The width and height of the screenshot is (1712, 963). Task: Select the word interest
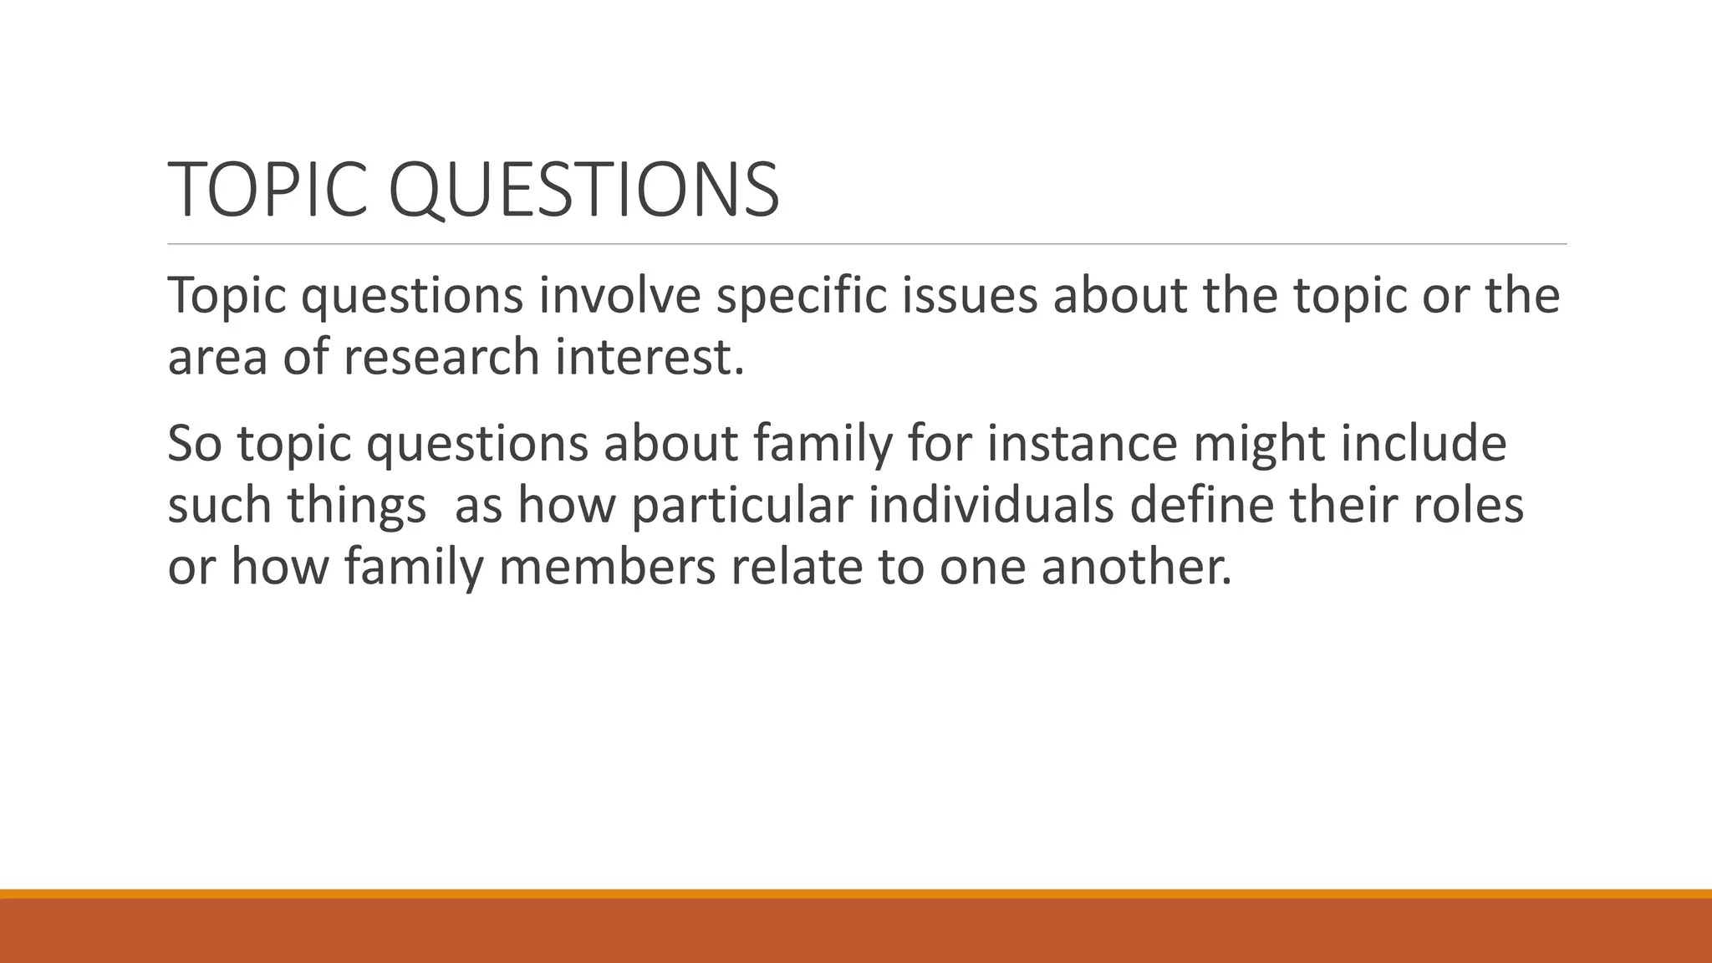click(x=649, y=357)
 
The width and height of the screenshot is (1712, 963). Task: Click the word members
click(x=608, y=566)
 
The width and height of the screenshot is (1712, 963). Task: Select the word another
click(x=1136, y=566)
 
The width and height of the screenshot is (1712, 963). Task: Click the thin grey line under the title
click(x=867, y=244)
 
